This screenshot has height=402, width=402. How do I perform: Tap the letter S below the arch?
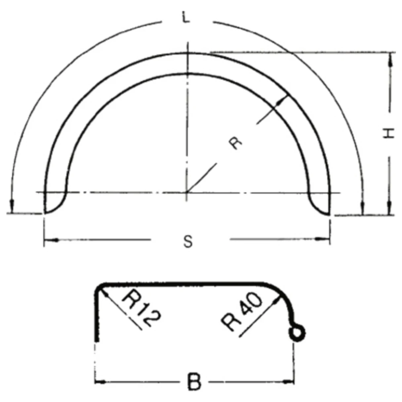coord(188,242)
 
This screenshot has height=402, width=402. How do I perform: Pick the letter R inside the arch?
coord(235,143)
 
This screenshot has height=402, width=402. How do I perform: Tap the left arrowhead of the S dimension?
coord(51,240)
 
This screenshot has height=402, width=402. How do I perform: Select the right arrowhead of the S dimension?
coord(322,239)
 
